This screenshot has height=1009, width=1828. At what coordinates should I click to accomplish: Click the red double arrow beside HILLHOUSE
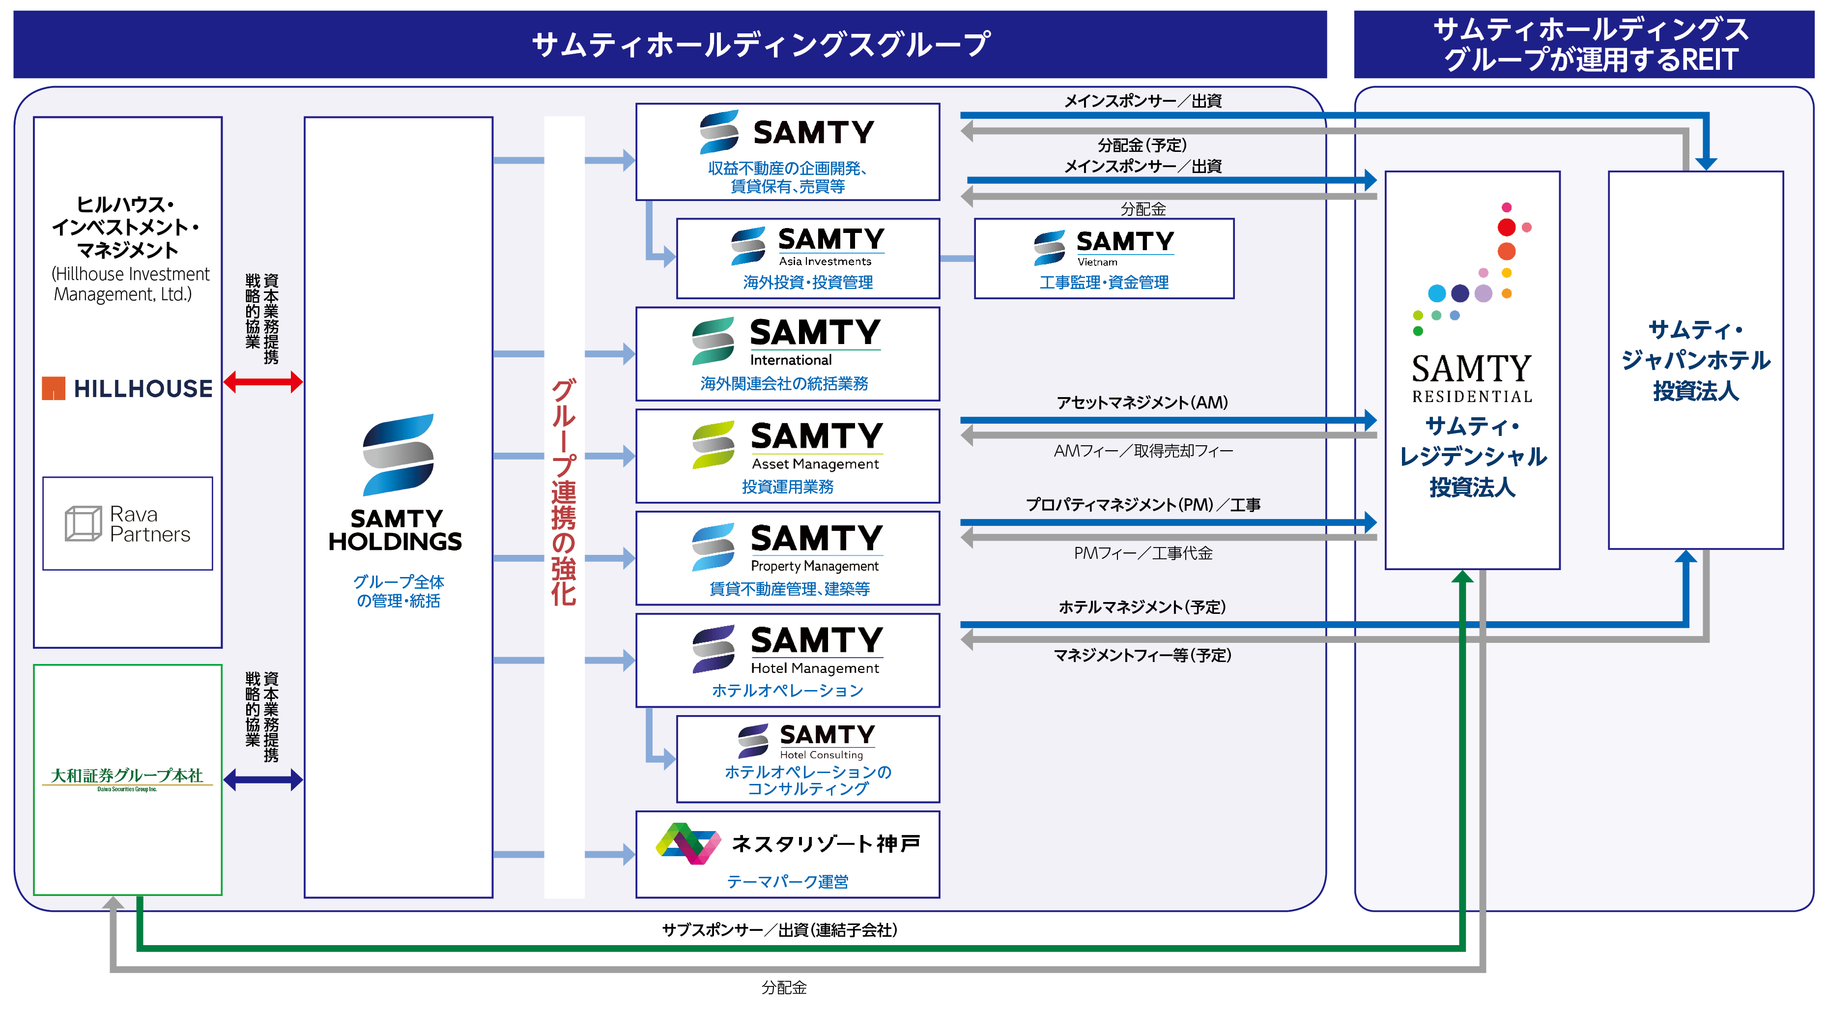[262, 382]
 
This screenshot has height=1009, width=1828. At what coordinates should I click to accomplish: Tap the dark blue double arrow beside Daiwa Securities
[262, 780]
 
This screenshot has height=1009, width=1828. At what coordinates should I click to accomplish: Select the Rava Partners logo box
[128, 523]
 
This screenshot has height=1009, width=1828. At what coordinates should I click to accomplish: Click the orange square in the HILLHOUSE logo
[53, 388]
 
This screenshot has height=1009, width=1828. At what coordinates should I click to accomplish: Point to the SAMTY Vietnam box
[1104, 259]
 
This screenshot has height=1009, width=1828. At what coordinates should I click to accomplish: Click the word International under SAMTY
[791, 360]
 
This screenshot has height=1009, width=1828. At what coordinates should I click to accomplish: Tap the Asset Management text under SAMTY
[815, 464]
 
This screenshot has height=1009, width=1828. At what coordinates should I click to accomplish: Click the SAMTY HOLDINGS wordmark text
[395, 530]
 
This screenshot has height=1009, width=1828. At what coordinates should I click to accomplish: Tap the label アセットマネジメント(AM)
[1142, 403]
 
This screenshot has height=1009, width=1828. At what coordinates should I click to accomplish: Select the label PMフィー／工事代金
[1142, 553]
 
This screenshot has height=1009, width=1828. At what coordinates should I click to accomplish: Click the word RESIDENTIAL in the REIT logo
[1472, 397]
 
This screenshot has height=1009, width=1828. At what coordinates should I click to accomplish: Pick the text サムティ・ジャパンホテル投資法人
[1695, 360]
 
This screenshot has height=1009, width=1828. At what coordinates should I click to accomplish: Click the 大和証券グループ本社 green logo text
[127, 775]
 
